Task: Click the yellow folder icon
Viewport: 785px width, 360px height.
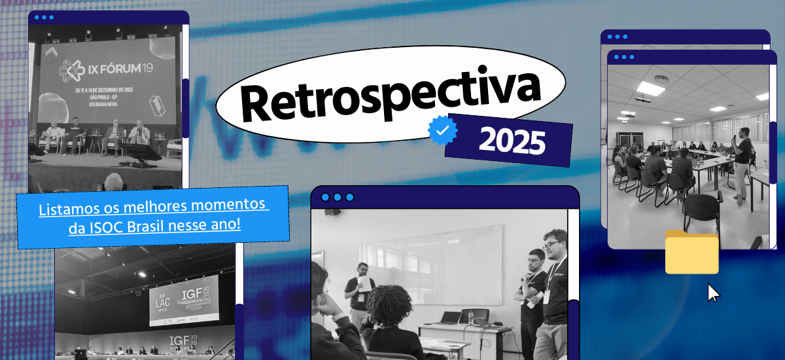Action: coord(691,252)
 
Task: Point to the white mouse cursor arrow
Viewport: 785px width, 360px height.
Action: coord(713,292)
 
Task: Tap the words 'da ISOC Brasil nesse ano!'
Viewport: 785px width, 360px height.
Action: coord(154,226)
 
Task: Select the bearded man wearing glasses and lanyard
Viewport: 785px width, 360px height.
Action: coord(555,288)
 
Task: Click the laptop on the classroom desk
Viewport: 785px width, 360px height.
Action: coord(451,318)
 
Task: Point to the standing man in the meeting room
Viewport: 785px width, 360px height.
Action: coord(742,164)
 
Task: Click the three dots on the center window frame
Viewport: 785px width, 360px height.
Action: coord(337,197)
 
